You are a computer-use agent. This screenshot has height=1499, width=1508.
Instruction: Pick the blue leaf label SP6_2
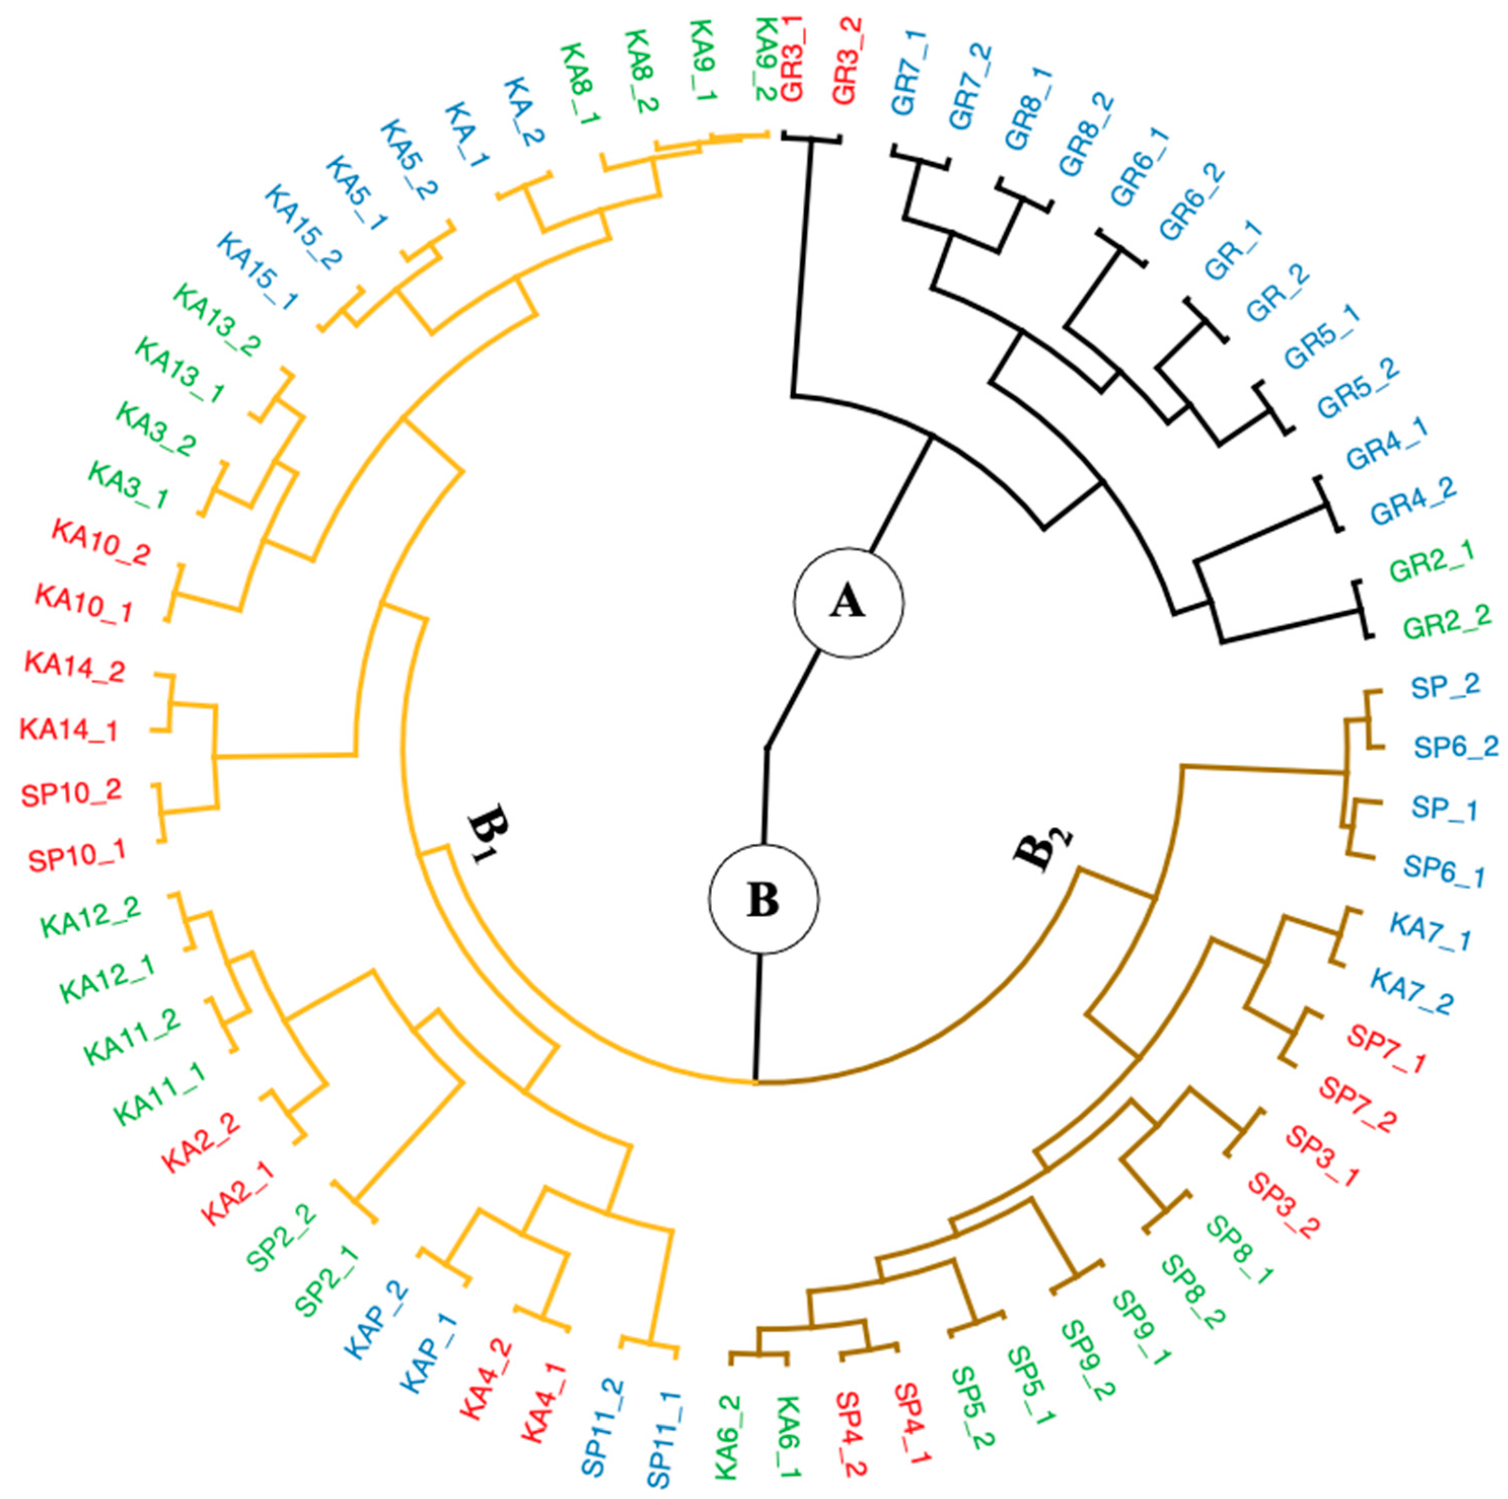[1456, 747]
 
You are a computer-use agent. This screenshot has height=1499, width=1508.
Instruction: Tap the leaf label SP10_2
[72, 793]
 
